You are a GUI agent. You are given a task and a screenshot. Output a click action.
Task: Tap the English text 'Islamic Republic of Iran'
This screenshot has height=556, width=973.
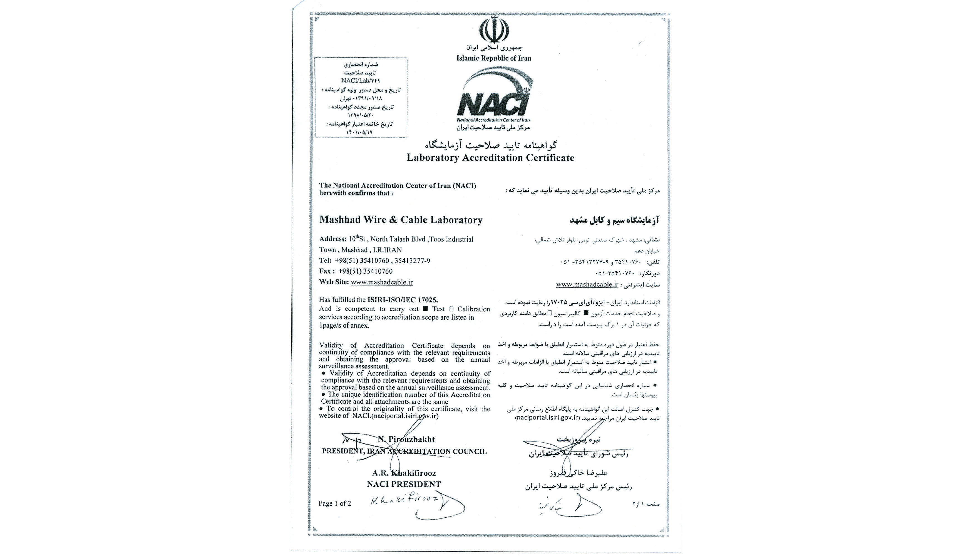pos(493,58)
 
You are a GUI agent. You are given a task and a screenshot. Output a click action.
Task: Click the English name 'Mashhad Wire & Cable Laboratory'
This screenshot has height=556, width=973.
pos(401,220)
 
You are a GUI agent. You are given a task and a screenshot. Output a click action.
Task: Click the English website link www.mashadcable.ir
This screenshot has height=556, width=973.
pos(381,282)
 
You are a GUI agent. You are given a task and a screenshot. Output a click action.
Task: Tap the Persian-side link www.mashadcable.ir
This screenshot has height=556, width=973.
pos(587,284)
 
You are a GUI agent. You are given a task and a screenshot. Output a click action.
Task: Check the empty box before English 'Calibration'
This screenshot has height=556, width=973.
pos(451,309)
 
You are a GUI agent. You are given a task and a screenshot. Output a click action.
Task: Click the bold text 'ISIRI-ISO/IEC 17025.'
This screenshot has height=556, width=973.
pos(403,300)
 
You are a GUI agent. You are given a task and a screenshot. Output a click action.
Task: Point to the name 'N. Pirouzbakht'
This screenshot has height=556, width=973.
pos(406,439)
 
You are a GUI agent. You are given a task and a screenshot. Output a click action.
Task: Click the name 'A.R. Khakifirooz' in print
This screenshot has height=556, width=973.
pos(404,473)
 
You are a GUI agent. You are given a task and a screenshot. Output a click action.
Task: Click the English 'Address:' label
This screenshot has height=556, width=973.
pos(332,239)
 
